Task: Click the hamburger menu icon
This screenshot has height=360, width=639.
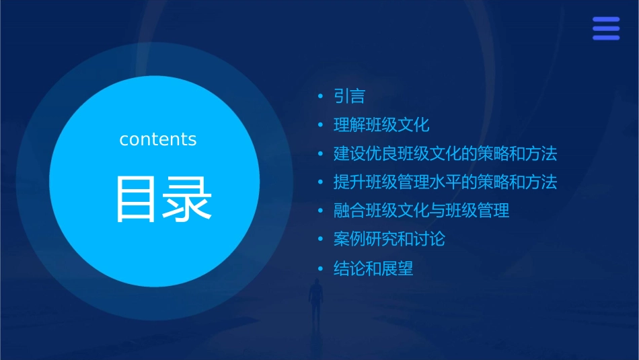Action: pyautogui.click(x=606, y=28)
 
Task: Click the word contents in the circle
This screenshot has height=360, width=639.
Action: pyautogui.click(x=158, y=139)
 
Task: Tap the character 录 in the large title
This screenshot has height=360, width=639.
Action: pyautogui.click(x=188, y=199)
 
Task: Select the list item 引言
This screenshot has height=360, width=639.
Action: pyautogui.click(x=349, y=96)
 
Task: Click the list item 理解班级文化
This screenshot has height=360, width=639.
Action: pyautogui.click(x=381, y=125)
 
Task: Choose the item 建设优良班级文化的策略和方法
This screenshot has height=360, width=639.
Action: pyautogui.click(x=445, y=153)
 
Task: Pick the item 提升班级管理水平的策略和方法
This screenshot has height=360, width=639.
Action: pyautogui.click(x=445, y=182)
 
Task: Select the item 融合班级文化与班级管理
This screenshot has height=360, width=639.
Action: pyautogui.click(x=421, y=211)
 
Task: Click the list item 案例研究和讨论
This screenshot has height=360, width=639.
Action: pyautogui.click(x=389, y=239)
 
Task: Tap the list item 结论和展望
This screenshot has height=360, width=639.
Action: pyautogui.click(x=373, y=269)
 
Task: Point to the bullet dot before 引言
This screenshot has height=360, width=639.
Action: pyautogui.click(x=322, y=97)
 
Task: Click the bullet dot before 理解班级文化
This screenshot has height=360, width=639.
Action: pyautogui.click(x=322, y=125)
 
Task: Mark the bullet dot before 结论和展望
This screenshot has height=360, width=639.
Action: pyautogui.click(x=322, y=269)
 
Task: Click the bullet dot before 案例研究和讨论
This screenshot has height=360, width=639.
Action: pyautogui.click(x=322, y=239)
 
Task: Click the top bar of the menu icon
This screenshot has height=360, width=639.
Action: pyautogui.click(x=606, y=19)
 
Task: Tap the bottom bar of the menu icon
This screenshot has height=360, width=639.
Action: pyautogui.click(x=606, y=38)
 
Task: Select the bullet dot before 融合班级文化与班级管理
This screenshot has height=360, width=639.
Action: pyautogui.click(x=322, y=211)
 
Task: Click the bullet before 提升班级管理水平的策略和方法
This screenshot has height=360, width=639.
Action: pyautogui.click(x=322, y=182)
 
